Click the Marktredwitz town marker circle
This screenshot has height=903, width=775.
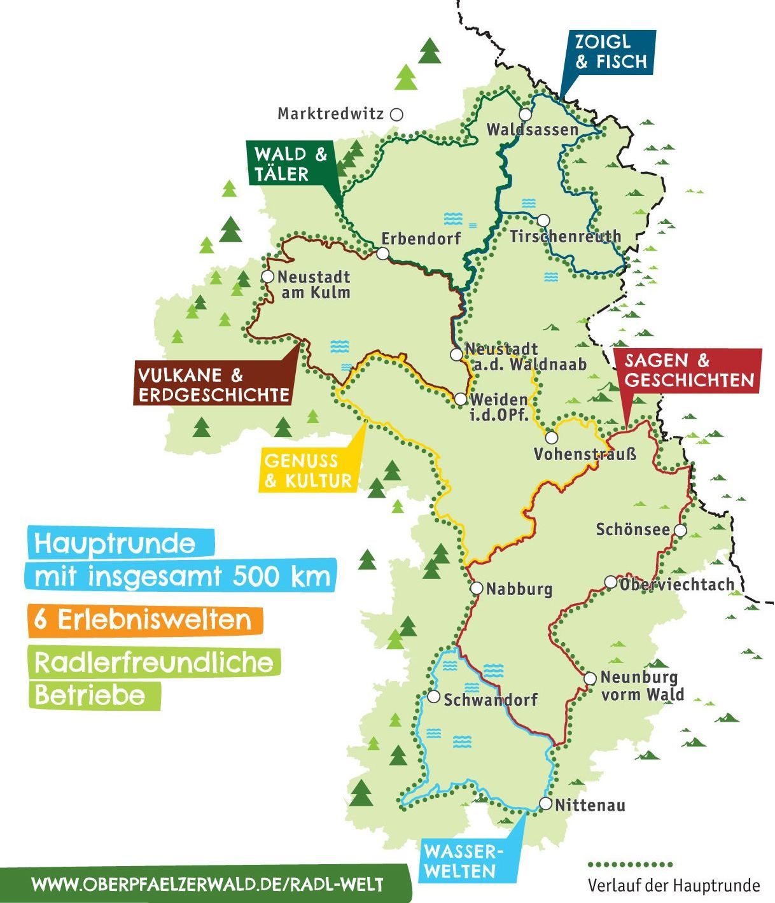396,115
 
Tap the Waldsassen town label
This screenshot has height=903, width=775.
532,130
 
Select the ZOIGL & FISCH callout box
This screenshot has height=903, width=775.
610,52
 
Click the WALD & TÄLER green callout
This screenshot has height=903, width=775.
290,164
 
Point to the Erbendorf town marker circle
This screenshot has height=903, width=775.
382,253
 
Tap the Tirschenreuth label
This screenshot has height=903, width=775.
565,237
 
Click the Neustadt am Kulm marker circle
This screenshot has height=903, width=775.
267,277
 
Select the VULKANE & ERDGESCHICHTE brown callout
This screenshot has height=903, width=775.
214,384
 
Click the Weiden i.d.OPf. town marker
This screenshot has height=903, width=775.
460,399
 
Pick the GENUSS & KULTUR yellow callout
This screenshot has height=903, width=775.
307,471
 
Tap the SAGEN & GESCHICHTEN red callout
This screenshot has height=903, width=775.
688,370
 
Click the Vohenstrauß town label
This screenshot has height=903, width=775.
585,455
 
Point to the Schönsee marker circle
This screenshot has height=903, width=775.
680,530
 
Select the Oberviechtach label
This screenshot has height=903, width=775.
676,584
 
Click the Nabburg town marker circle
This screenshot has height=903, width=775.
477,589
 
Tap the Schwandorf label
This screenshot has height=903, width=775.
491,700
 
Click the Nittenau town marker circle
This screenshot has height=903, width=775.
545,804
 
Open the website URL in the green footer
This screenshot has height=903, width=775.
207,885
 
